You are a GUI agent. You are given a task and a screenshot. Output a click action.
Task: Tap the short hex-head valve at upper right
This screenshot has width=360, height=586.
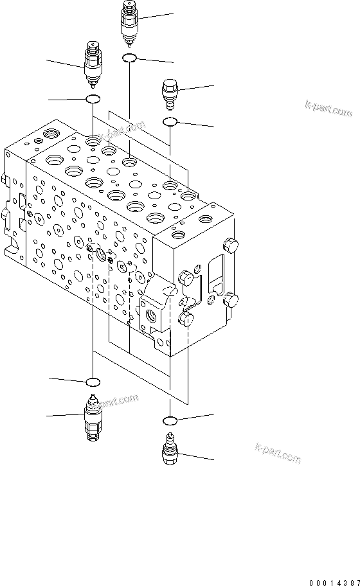[170, 93]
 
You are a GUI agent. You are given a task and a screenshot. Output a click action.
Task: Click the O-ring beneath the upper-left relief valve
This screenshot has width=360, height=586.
[94, 99]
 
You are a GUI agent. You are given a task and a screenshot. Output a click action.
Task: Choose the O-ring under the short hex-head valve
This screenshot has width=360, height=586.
[170, 121]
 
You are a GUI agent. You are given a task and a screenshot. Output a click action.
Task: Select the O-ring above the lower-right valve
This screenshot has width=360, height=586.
[170, 420]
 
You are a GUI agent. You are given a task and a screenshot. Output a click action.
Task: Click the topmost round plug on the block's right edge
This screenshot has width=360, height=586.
[229, 244]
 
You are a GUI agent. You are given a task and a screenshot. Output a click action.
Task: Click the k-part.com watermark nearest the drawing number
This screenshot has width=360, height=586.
[278, 452]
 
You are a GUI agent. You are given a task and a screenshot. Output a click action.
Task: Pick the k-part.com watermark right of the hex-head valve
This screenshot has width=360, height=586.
[328, 109]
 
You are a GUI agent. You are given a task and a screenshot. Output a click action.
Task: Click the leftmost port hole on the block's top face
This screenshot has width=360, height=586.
[50, 136]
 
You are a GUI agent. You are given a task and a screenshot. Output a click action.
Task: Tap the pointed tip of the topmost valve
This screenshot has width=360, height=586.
[130, 45]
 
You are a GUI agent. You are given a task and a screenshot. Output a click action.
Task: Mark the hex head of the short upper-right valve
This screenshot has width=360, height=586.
[170, 86]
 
